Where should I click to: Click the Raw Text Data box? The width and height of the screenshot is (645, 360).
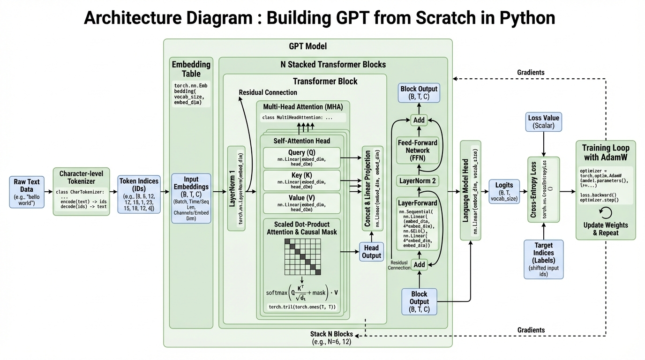pos(27,192)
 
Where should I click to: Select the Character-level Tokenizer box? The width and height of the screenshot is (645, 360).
pos(81,191)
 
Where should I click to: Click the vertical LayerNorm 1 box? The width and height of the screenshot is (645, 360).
pos(236,188)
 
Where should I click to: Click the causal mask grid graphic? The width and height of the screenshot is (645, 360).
pos(302,257)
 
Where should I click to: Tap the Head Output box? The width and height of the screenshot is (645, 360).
pos(371,252)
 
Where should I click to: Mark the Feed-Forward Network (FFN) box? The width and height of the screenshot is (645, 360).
pos(417,150)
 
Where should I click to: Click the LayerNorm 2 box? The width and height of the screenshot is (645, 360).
pos(417,180)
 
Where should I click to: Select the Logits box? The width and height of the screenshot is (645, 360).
pos(504,191)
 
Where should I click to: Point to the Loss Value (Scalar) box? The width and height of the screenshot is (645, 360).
pos(543,122)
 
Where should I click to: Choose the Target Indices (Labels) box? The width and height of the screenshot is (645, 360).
pos(543,259)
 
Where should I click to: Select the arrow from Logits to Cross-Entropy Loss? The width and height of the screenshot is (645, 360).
pos(523,192)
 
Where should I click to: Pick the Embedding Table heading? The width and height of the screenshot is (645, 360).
pos(191,69)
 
